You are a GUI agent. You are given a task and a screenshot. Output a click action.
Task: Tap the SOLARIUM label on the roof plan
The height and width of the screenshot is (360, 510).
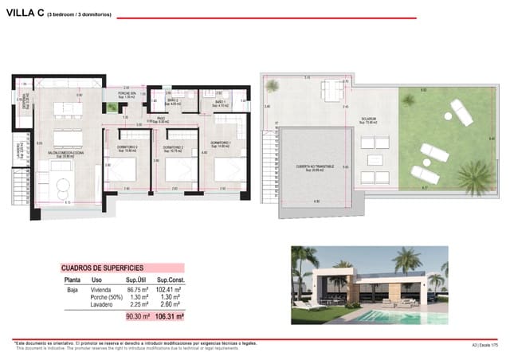coord(368,119)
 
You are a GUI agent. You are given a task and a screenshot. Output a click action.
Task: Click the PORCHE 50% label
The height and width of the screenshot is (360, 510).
coord(127,95)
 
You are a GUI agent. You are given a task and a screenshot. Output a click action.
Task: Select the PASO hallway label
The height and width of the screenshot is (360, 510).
coord(160,119)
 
